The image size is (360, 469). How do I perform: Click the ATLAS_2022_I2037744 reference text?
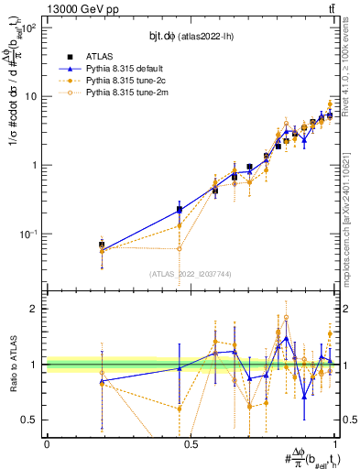[191, 274]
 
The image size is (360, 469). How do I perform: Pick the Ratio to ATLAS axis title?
[13, 365]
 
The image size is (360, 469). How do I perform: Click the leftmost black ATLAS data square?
[102, 245]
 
